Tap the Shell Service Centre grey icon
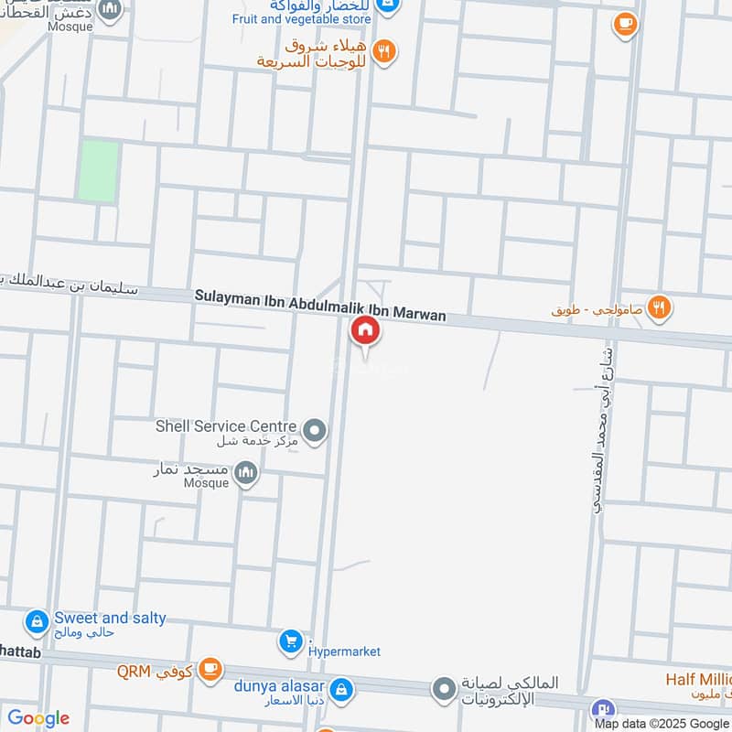[x=315, y=429]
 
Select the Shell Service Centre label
[x=226, y=426]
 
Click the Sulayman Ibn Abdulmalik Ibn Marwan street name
[x=320, y=307]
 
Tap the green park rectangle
[x=98, y=170]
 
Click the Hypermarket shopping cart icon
[x=291, y=642]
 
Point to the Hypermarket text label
[x=344, y=651]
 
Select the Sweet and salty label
[x=110, y=618]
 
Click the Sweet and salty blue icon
[x=38, y=623]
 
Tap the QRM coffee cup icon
[x=210, y=670]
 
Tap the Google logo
[x=38, y=718]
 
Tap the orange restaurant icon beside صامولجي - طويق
[x=659, y=308]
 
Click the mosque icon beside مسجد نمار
[x=245, y=473]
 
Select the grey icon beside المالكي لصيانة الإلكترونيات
[x=444, y=687]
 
